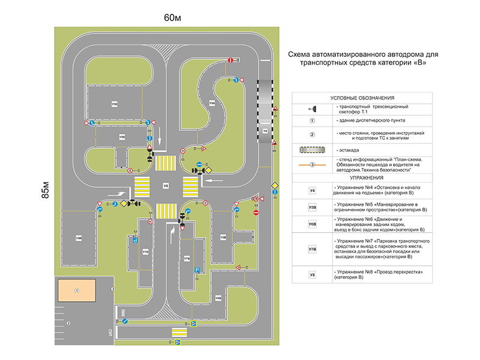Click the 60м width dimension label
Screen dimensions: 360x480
coord(172,17)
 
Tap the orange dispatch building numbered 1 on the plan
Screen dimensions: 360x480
coord(77,290)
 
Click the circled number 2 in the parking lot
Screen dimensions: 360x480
coord(68,323)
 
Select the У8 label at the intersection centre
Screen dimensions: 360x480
coord(166,187)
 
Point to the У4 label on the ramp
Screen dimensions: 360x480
coord(265,130)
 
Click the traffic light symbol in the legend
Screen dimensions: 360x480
coord(312,108)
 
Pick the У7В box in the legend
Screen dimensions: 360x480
coord(312,249)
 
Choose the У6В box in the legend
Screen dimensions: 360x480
coord(312,224)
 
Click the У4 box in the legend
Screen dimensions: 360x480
coord(312,190)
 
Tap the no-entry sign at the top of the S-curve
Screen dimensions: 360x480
coord(230,60)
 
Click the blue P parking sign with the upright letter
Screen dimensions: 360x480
coord(196,271)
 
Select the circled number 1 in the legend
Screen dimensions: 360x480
coord(312,121)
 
